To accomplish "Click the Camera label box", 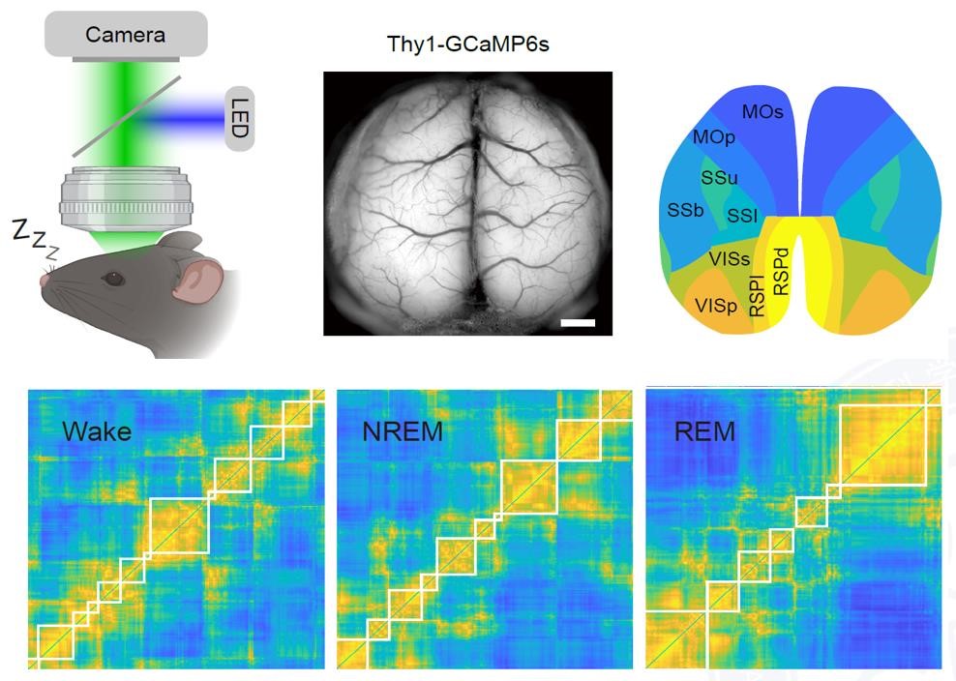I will pos(125,34).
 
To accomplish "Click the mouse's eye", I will pos(115,279).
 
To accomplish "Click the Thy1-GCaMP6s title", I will pos(468,44).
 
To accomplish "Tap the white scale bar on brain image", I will pos(577,321).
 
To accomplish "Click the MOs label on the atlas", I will pos(762,112).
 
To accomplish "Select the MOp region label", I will pos(714,137).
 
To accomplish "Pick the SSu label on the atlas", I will pos(719,178).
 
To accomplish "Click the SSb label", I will pos(685,210).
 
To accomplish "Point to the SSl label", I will pos(742,216).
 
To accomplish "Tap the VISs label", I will pos(729,258).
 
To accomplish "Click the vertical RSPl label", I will pos(758,295).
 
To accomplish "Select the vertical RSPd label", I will pos(782,265).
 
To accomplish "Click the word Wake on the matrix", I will pos(97,430).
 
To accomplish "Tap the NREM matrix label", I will pos(403,431).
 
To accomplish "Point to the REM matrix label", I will pos(704,430).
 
